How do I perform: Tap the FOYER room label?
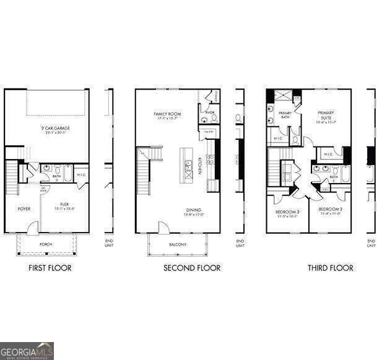tap(24, 208)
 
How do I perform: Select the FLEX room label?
tap(64, 204)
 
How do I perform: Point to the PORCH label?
tap(46, 244)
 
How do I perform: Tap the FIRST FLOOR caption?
tap(50, 268)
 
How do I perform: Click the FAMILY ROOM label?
tap(167, 114)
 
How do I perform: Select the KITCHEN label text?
tap(200, 166)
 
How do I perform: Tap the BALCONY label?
tap(177, 245)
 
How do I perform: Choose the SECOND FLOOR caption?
tap(192, 268)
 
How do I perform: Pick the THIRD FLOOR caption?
tap(331, 268)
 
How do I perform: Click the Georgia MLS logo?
tap(27, 351)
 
